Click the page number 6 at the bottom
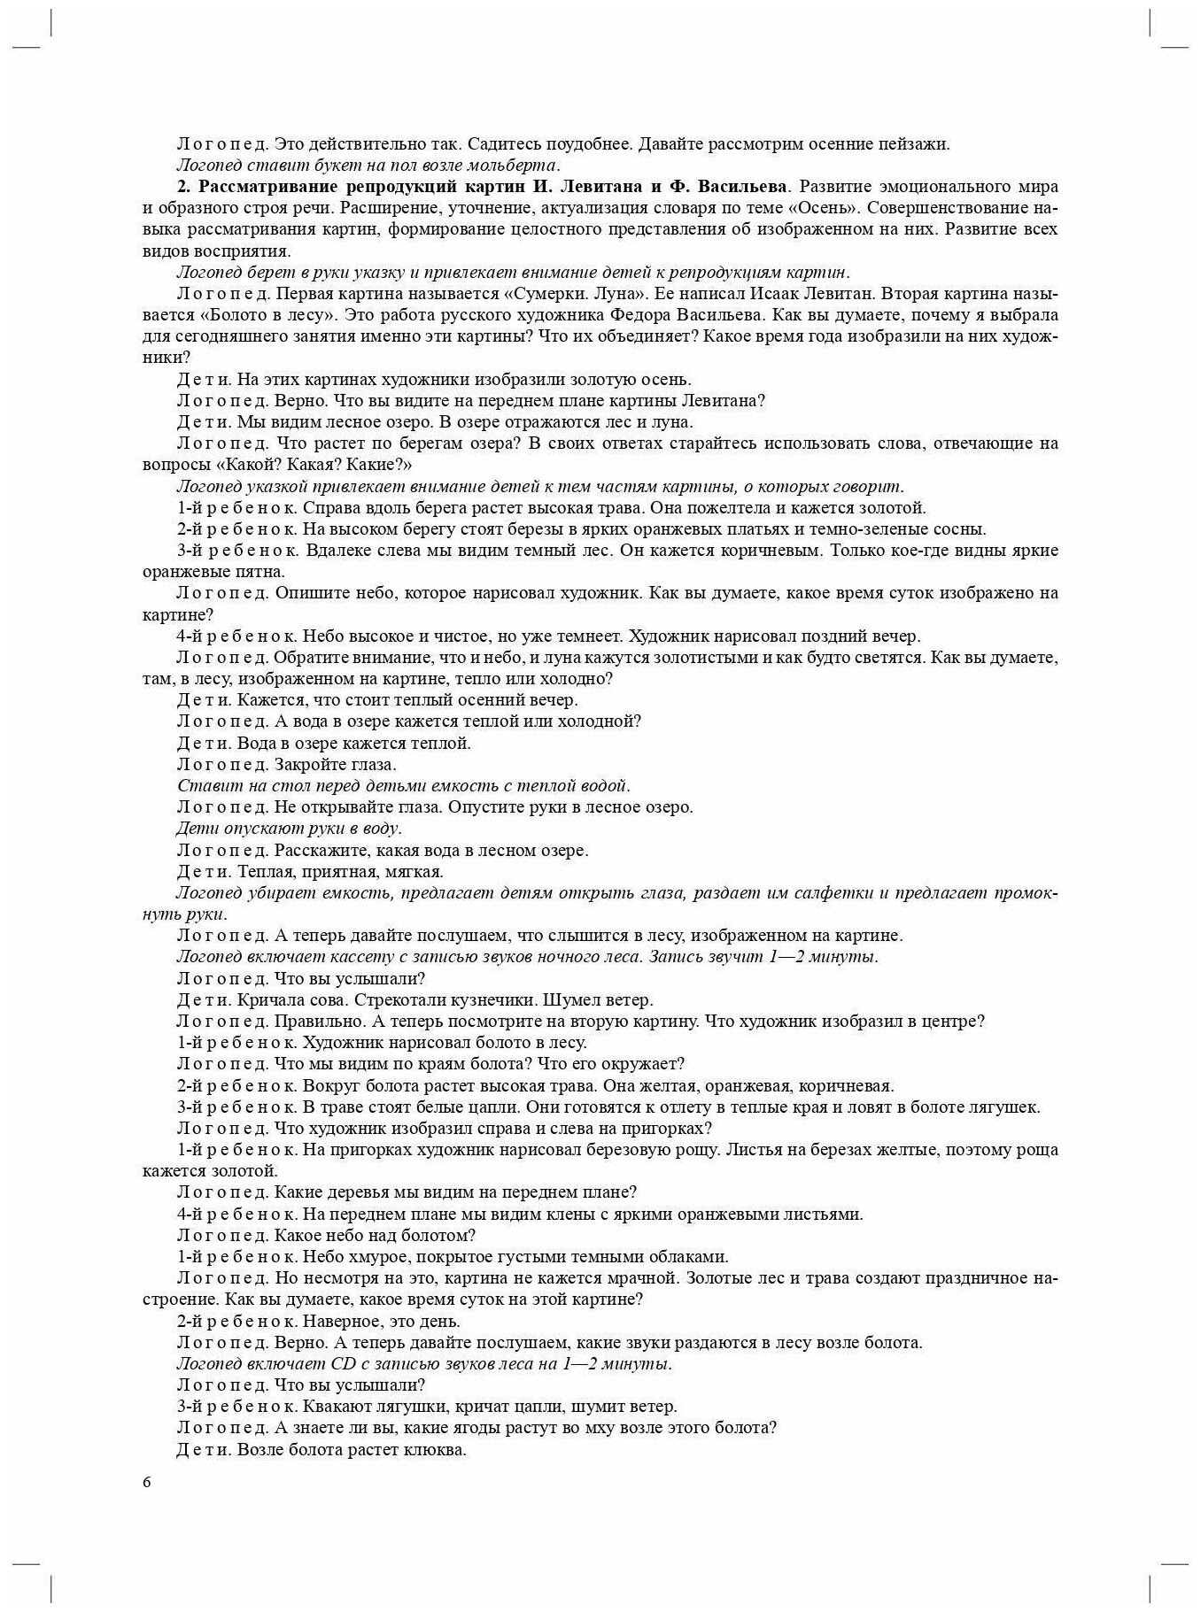pyautogui.click(x=147, y=1484)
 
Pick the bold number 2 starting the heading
pyautogui.click(x=182, y=187)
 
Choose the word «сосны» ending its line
pyautogui.click(x=960, y=529)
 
